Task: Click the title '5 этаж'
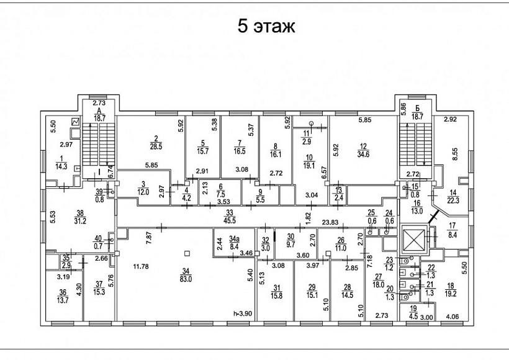pos(266,27)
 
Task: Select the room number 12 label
pos(363,147)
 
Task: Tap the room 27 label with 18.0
pos(377,281)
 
